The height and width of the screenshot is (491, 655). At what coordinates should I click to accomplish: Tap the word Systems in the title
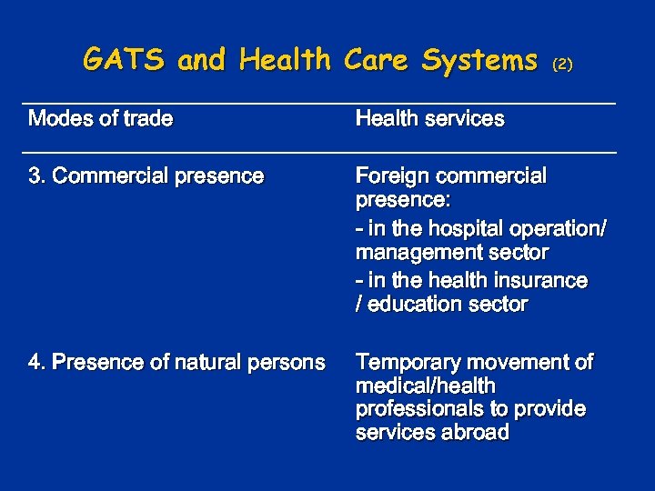479,60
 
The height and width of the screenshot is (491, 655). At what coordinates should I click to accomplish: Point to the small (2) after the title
563,64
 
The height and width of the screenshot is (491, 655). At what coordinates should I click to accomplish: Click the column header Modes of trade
101,118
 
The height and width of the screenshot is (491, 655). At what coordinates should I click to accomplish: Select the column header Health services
429,118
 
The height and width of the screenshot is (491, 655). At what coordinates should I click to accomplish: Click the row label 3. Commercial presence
146,175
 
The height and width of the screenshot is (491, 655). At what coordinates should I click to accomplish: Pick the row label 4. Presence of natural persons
176,363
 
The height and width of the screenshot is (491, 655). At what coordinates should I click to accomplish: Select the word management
416,251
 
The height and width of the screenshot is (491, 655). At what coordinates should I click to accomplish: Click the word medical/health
425,386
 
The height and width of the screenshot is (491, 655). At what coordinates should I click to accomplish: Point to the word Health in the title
285,60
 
